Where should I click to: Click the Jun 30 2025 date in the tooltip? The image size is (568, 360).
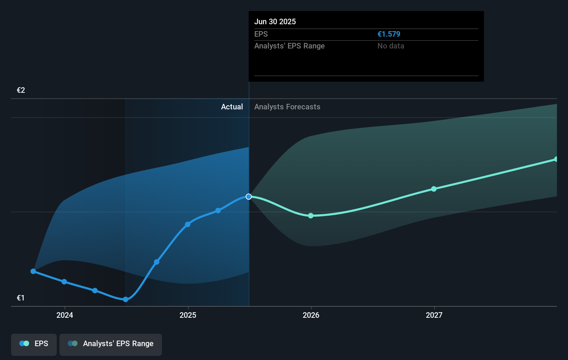(275, 21)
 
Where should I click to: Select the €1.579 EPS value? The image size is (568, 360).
(388, 34)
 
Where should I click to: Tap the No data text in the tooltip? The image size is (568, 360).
(391, 46)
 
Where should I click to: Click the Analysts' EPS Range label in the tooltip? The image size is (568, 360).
(289, 46)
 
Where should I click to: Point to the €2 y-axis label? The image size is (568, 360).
(21, 90)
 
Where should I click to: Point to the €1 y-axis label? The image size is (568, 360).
(21, 298)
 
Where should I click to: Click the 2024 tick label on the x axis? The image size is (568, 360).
(65, 315)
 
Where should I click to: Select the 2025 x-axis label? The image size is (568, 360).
(188, 315)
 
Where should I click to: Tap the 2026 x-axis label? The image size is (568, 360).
(311, 315)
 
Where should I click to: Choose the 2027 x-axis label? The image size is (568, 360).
(434, 315)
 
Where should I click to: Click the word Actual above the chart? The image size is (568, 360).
(232, 107)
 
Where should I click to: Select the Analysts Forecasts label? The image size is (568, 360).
(287, 107)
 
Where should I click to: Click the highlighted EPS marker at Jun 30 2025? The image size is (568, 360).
(249, 197)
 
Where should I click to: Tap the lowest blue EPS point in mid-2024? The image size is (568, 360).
(126, 299)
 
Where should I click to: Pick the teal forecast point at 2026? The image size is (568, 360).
(311, 216)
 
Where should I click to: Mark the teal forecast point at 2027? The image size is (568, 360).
(434, 189)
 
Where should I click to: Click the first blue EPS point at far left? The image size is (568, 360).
(33, 271)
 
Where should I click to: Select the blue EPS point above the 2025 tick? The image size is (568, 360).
(187, 224)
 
